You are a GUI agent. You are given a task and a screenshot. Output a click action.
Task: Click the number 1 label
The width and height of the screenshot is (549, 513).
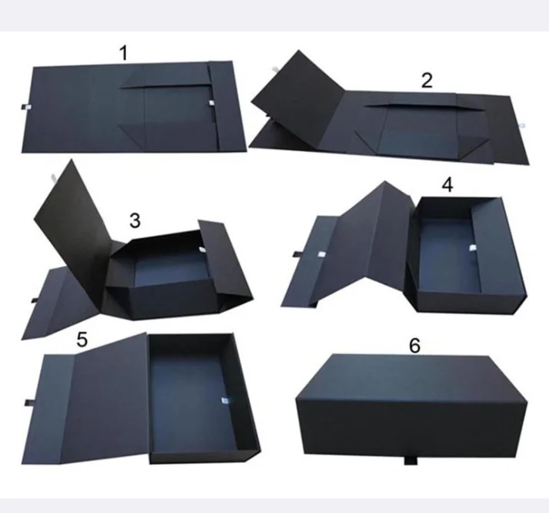click(124, 53)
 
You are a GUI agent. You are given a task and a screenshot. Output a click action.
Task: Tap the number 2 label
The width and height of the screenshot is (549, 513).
click(427, 80)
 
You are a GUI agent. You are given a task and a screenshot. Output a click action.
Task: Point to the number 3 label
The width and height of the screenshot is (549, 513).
click(135, 220)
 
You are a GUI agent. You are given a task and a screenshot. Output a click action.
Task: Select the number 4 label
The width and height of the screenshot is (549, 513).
click(448, 185)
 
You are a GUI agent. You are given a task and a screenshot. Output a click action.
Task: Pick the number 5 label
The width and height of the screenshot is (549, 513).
click(82, 339)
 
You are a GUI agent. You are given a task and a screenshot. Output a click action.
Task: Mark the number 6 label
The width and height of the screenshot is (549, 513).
click(414, 346)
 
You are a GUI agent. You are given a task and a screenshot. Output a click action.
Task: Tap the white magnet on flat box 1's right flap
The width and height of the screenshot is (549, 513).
click(211, 103)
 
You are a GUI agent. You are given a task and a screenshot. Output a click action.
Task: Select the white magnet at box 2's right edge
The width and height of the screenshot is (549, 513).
click(522, 125)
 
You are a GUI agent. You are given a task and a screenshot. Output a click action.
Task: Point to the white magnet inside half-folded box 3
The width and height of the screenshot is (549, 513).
click(202, 249)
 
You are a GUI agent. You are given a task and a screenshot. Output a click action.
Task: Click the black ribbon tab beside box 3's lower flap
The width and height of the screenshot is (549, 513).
click(35, 300)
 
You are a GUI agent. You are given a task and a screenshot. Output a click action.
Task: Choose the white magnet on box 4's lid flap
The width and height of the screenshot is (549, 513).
click(321, 254)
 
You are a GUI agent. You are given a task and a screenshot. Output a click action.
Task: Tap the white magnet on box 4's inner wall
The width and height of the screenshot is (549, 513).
click(472, 247)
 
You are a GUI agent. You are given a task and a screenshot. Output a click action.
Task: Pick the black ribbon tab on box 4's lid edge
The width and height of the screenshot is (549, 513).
click(296, 254)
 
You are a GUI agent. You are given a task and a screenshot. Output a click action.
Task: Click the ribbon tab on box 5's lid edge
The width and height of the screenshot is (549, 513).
click(28, 403)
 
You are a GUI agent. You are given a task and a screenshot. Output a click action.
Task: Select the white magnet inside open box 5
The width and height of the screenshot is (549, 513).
click(224, 401)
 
